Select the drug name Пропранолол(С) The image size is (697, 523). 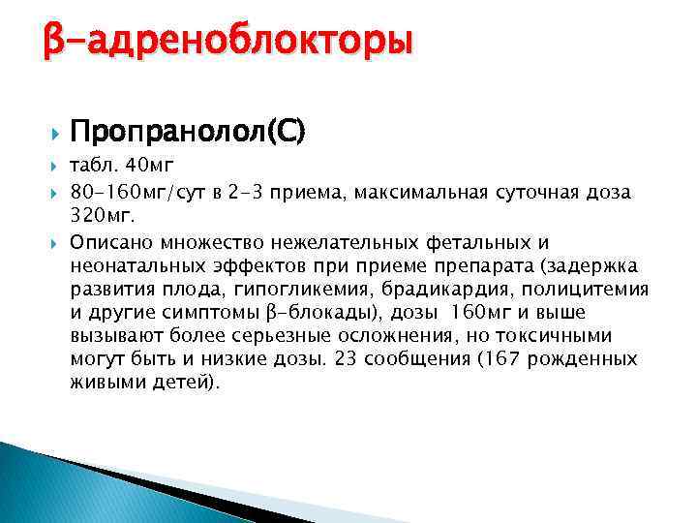pyautogui.click(x=188, y=130)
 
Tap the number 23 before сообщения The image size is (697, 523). pyautogui.click(x=345, y=359)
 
